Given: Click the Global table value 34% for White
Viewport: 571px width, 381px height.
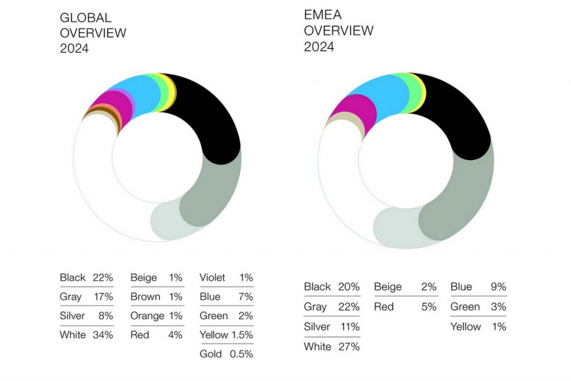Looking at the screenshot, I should pyautogui.click(x=103, y=335).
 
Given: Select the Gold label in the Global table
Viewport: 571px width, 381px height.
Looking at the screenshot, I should pyautogui.click(x=211, y=354).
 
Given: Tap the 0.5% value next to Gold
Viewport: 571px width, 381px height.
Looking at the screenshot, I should pyautogui.click(x=241, y=354).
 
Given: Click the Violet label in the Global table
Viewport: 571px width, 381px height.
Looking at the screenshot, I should pyautogui.click(x=212, y=277).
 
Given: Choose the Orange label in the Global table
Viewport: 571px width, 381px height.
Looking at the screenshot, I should pyautogui.click(x=147, y=316).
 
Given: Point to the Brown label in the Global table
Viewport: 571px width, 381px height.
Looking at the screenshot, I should pyautogui.click(x=145, y=297).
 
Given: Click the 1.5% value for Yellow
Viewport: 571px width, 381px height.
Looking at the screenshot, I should pyautogui.click(x=241, y=335).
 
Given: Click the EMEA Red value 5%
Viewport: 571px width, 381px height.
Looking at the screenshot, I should pyautogui.click(x=429, y=307).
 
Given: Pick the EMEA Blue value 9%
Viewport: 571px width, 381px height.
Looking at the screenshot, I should pyautogui.click(x=498, y=287).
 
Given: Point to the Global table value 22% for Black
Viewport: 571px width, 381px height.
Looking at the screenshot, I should pyautogui.click(x=103, y=277).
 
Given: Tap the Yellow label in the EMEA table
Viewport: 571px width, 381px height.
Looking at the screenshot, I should pyautogui.click(x=466, y=327).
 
